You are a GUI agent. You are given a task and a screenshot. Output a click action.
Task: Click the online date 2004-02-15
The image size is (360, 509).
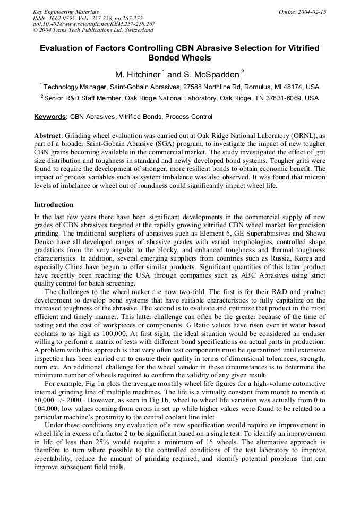coord(312,12)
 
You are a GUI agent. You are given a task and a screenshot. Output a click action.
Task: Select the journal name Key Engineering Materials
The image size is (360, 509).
coord(65,12)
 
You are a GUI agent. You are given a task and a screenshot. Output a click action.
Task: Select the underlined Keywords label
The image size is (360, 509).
coord(51,117)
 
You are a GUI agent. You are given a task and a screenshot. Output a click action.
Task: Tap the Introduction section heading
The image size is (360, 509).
coord(54,205)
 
